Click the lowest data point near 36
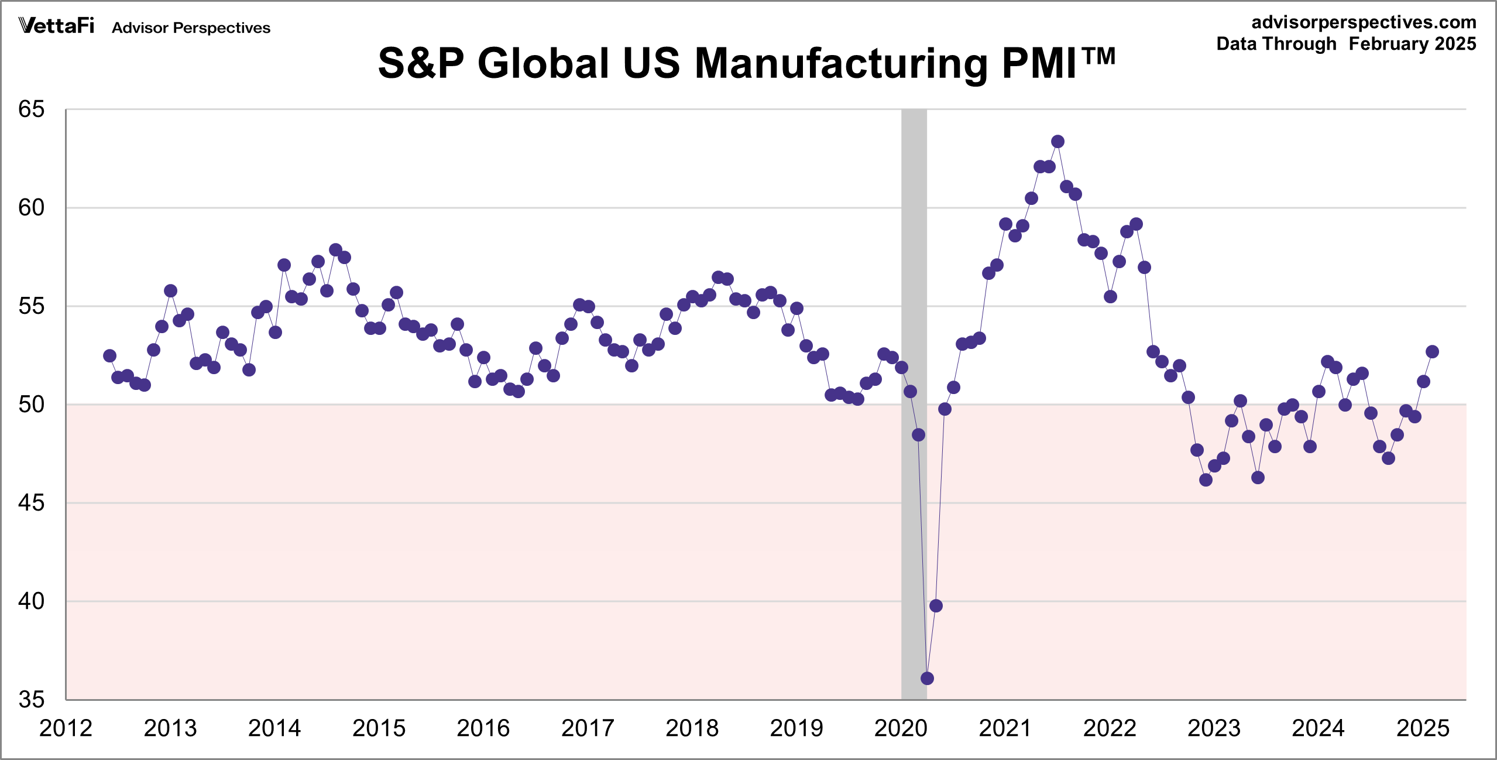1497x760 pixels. (x=927, y=678)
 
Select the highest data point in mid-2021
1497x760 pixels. (x=1057, y=141)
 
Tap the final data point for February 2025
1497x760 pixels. (x=1432, y=351)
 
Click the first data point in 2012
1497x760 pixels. (x=109, y=355)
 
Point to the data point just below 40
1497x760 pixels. (x=936, y=605)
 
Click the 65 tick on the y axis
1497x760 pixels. (x=32, y=109)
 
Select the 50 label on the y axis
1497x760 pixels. (x=32, y=405)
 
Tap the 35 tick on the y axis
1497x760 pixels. (x=32, y=700)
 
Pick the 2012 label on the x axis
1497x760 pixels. (x=66, y=728)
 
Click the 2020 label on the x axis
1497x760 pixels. (x=901, y=728)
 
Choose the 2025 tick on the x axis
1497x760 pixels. (x=1423, y=728)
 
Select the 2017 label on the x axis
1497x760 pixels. (x=588, y=728)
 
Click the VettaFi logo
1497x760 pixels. (x=56, y=26)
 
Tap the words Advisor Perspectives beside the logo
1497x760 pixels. (x=191, y=28)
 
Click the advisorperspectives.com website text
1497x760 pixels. (x=1364, y=22)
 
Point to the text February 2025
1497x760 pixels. (x=1412, y=44)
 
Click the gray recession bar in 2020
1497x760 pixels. (x=914, y=293)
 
